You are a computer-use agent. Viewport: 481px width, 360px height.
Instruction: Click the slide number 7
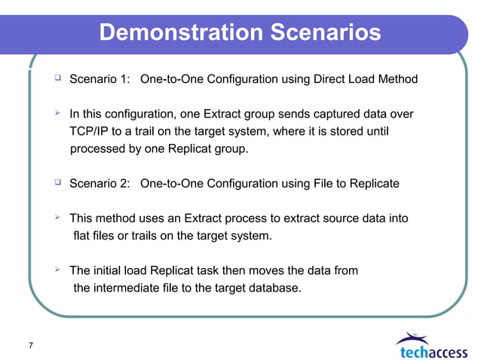[30, 345]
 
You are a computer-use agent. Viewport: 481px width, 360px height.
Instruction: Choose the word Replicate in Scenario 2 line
[372, 183]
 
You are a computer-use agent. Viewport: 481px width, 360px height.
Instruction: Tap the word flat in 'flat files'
[84, 236]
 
